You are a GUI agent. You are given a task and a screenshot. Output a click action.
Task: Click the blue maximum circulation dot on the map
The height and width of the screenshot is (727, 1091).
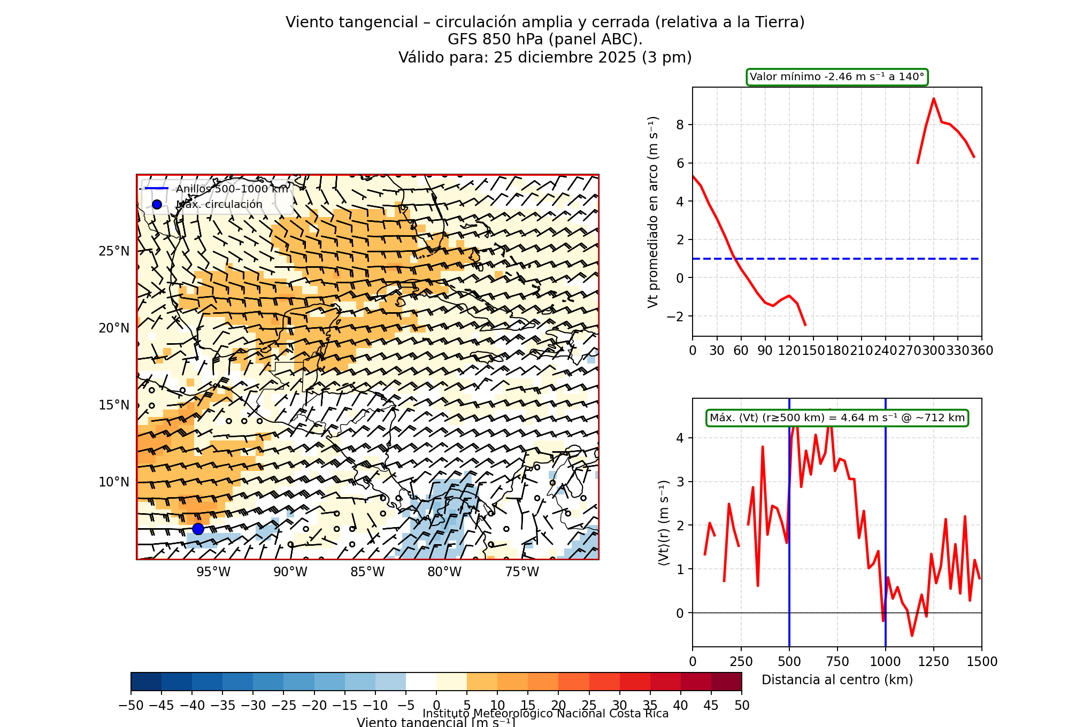(198, 529)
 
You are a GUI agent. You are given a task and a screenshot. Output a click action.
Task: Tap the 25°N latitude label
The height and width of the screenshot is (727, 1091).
(114, 251)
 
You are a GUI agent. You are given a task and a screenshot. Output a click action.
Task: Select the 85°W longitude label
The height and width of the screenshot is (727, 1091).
(367, 572)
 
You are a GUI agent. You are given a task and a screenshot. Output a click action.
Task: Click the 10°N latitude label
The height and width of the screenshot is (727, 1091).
(114, 482)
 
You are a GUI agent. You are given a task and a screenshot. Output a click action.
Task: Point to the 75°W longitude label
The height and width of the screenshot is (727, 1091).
(522, 572)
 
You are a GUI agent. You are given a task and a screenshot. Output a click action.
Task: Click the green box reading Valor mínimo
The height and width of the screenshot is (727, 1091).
(837, 77)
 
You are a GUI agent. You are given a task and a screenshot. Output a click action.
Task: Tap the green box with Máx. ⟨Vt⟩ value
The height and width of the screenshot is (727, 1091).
(837, 418)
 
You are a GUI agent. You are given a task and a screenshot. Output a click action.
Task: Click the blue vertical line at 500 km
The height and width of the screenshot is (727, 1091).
(789, 535)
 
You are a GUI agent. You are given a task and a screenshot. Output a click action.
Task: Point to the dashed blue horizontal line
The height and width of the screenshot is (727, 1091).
(856, 259)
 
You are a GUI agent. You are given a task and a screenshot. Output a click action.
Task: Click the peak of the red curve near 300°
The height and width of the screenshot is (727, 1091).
(934, 99)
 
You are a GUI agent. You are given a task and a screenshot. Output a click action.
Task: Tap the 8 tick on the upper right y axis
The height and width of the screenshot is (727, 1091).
(680, 125)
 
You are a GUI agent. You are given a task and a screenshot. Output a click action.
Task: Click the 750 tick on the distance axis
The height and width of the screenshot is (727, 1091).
(838, 662)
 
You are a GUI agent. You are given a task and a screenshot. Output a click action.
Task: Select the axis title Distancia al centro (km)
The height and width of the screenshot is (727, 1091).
(837, 680)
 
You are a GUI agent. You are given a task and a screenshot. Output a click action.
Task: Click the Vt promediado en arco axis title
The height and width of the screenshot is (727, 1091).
(653, 212)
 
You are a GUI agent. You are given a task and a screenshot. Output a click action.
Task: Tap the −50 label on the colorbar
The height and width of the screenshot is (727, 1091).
(131, 706)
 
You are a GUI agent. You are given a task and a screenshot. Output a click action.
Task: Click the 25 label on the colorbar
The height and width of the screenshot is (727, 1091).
(589, 706)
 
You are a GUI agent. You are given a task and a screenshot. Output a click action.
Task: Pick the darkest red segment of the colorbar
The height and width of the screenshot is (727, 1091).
(726, 682)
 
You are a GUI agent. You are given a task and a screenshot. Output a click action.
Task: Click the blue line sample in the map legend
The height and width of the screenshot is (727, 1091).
(157, 189)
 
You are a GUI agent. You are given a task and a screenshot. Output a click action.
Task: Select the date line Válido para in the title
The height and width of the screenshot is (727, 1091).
(545, 57)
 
